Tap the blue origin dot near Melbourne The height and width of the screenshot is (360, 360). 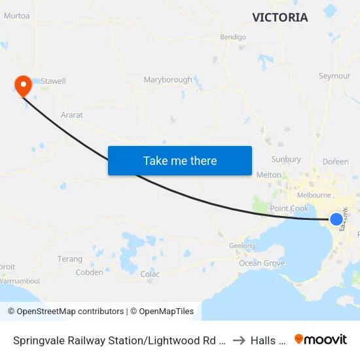click(336, 219)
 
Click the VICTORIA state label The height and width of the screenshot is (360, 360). click(279, 18)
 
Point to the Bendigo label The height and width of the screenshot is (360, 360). click(233, 37)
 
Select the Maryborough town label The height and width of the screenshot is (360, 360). click(168, 80)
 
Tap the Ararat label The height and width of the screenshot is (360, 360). click(71, 115)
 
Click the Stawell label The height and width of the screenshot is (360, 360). click(53, 81)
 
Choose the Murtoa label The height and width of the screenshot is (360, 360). click(16, 16)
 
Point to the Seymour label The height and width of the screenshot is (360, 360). click(334, 76)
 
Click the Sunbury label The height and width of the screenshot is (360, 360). click(286, 159)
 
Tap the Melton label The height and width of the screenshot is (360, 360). click(268, 175)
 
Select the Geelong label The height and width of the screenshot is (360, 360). click(242, 246)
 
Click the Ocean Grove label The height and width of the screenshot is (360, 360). click(262, 263)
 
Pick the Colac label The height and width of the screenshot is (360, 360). click(150, 274)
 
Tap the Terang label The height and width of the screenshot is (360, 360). click(70, 259)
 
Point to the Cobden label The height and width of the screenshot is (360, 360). click(90, 272)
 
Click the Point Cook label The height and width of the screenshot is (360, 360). click(289, 208)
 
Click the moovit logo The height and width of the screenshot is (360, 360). click(321, 339)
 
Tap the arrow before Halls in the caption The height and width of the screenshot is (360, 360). click(239, 340)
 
